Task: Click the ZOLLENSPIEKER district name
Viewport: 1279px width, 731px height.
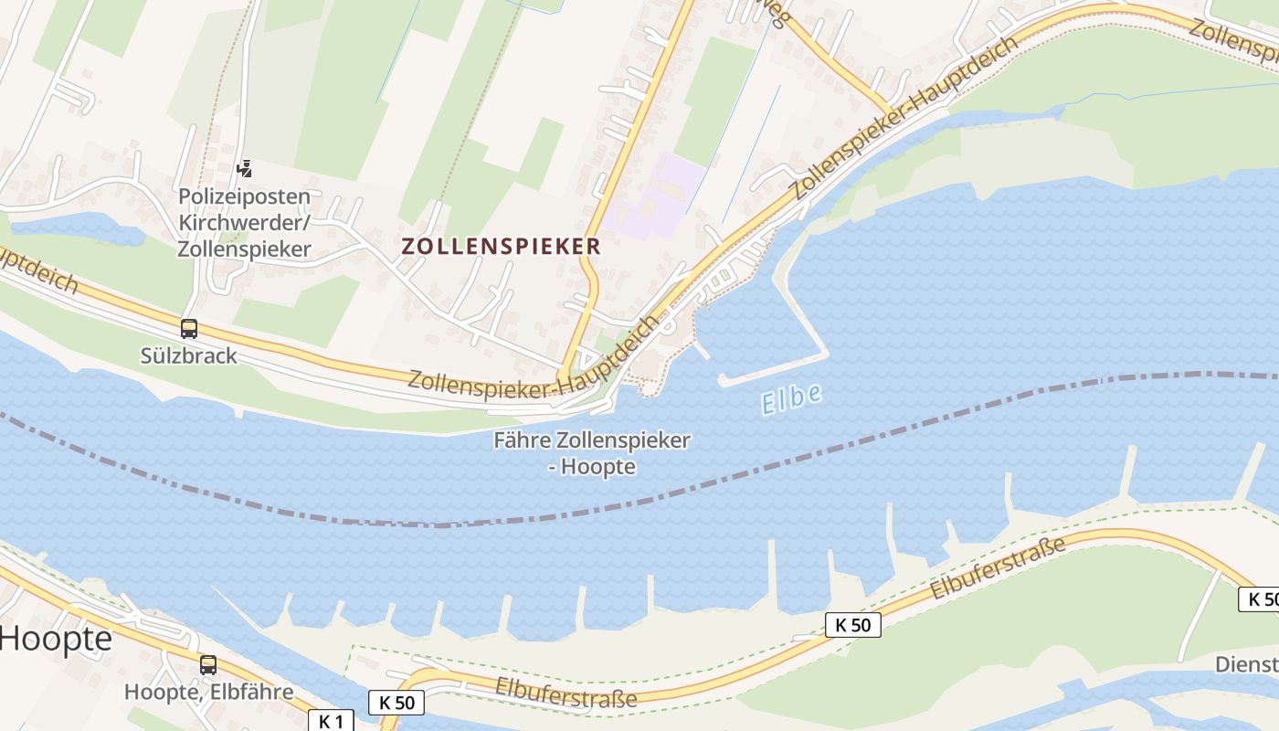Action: pyautogui.click(x=501, y=246)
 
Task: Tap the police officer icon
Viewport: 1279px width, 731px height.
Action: pyautogui.click(x=244, y=168)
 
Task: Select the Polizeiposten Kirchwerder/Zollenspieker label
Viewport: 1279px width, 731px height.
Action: pyautogui.click(x=244, y=222)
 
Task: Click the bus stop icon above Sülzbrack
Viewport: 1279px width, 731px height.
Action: pyautogui.click(x=189, y=329)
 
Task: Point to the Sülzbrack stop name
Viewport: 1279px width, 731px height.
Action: pyautogui.click(x=189, y=355)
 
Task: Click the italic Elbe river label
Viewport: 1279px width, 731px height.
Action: pyautogui.click(x=791, y=399)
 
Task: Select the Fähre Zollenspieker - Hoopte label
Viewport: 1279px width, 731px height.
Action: pyautogui.click(x=592, y=453)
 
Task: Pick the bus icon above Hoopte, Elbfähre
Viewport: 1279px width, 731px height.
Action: pyautogui.click(x=208, y=665)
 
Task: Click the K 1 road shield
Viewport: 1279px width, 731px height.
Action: pyautogui.click(x=331, y=721)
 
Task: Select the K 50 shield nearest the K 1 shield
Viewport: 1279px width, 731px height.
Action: pyautogui.click(x=396, y=703)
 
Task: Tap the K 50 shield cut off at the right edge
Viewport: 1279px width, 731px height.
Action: pyautogui.click(x=1259, y=599)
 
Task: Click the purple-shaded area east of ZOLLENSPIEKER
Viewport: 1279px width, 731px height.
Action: pyautogui.click(x=658, y=195)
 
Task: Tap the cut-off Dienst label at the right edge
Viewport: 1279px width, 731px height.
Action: pyautogui.click(x=1246, y=664)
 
